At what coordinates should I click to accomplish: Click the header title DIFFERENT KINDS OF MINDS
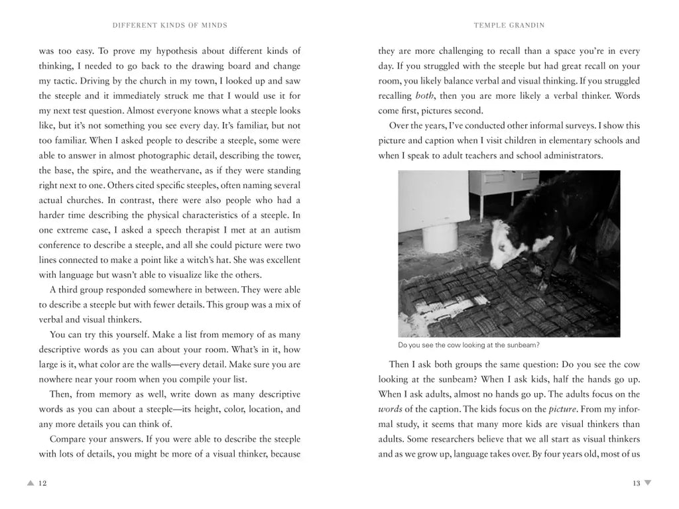(170, 25)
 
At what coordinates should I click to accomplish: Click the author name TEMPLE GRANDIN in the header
(509, 25)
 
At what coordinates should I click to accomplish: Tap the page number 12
(42, 483)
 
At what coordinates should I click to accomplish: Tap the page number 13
(636, 483)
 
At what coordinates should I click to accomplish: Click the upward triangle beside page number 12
(30, 483)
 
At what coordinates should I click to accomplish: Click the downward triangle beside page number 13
(648, 483)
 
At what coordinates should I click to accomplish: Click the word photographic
(175, 155)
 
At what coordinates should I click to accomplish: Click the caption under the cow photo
(469, 345)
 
